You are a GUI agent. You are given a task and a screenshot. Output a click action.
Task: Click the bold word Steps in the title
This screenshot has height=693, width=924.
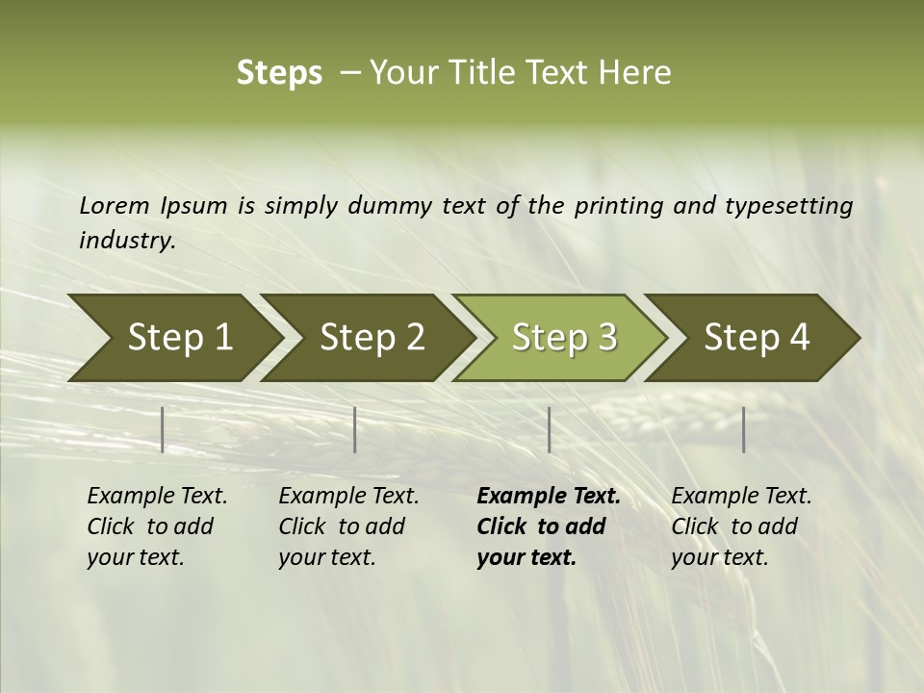tap(279, 73)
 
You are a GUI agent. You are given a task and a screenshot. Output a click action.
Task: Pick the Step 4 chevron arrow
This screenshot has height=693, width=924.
tap(756, 338)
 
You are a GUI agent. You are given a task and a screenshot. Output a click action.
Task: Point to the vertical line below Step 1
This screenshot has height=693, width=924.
tap(163, 429)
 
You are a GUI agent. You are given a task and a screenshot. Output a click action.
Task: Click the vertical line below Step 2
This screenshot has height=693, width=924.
tap(355, 429)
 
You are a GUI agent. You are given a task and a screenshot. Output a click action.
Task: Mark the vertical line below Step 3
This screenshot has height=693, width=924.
tap(549, 429)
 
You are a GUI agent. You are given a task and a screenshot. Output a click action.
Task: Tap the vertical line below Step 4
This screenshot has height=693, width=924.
tap(743, 429)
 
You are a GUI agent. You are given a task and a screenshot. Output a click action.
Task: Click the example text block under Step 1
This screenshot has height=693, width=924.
tap(157, 526)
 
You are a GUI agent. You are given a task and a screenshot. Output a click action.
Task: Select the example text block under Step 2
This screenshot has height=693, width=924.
tap(348, 526)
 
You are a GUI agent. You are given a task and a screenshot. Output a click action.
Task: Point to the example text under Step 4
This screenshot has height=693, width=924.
tap(741, 526)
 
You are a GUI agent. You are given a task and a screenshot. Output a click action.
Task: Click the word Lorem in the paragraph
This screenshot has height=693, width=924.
tap(115, 206)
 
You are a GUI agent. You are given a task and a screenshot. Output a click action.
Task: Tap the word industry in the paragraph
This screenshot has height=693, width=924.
tap(126, 241)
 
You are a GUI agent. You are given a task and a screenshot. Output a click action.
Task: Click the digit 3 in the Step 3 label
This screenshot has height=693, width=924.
tap(606, 338)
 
